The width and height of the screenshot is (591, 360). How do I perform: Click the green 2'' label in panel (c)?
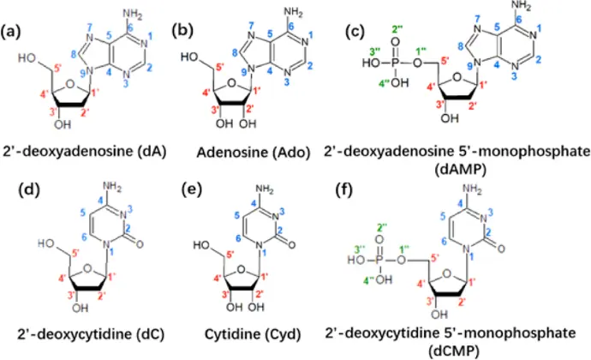coord(395,31)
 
